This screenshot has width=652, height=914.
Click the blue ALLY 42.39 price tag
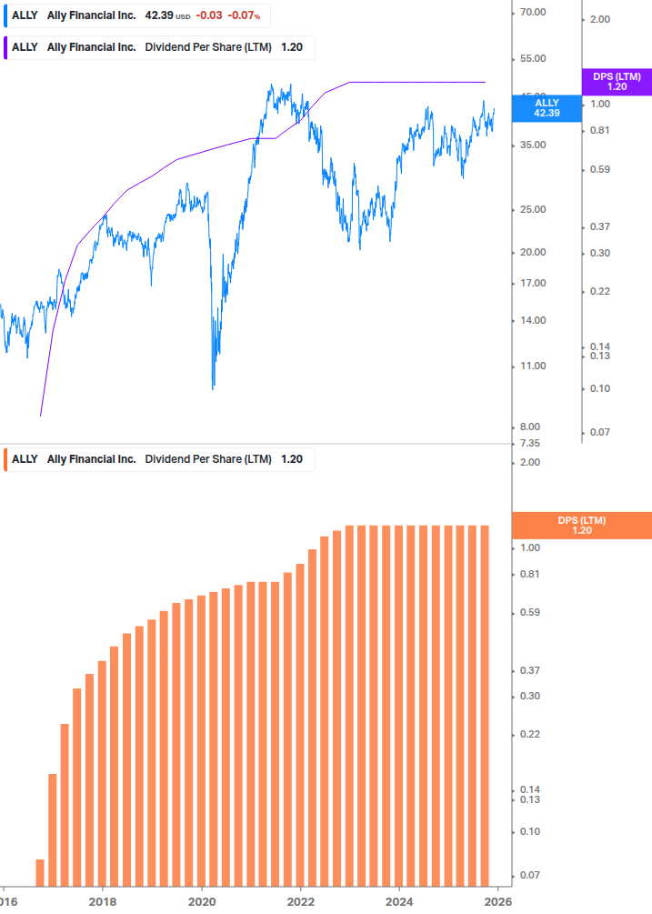tap(547, 108)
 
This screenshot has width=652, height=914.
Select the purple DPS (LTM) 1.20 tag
tap(617, 82)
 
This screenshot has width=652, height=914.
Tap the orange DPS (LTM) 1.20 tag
tap(582, 526)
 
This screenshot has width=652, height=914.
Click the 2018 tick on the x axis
tap(103, 900)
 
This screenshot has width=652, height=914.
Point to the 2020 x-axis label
tap(202, 900)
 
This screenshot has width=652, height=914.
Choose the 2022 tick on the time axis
tap(301, 900)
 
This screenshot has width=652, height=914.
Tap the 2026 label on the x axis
tap(496, 900)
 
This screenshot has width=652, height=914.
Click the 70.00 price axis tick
tap(532, 13)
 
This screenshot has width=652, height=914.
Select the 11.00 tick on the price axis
tap(532, 367)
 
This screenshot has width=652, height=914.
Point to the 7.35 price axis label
tap(530, 444)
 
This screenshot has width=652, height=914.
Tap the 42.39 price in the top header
tap(158, 15)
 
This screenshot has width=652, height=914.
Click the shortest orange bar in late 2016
tap(40, 872)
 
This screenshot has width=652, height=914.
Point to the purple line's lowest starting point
tap(41, 416)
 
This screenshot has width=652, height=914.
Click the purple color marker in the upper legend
tap(6, 47)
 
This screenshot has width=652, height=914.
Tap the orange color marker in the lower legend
tap(6, 459)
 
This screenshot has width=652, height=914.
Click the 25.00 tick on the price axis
tap(532, 210)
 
